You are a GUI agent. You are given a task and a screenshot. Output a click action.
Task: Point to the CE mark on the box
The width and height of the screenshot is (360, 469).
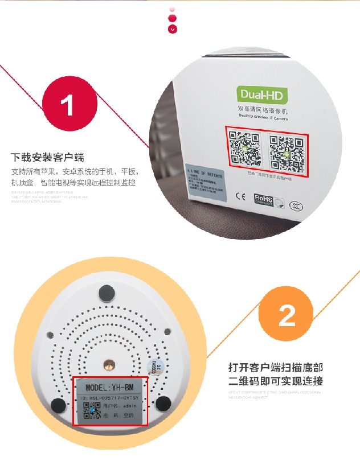click(240, 198)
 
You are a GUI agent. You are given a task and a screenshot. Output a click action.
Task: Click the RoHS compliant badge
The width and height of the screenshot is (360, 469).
click(264, 199)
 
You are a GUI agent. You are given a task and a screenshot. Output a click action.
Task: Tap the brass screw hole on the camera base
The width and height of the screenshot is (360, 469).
click(107, 364)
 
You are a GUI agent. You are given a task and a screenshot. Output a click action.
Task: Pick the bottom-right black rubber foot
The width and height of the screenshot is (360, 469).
click(163, 404)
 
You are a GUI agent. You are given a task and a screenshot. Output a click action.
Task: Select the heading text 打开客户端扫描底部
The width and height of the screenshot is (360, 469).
click(275, 367)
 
